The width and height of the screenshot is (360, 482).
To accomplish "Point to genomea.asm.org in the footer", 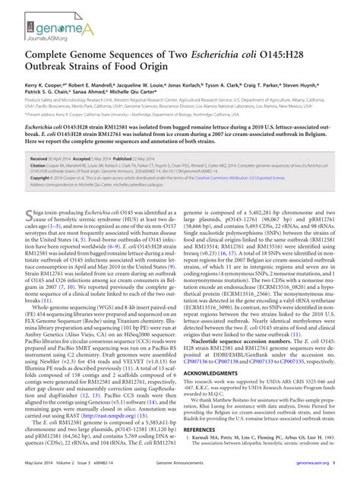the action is click(308, 472).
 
